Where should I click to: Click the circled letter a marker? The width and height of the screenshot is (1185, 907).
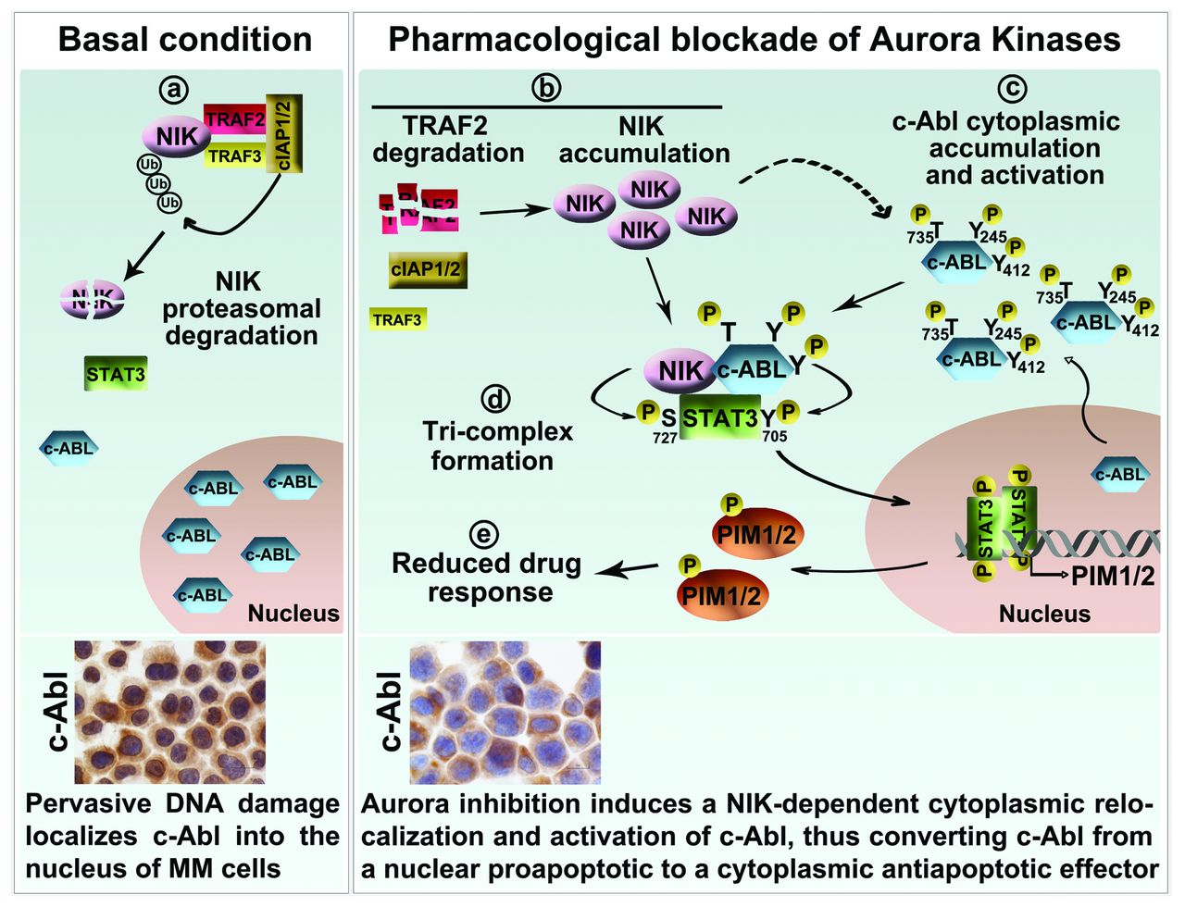174,89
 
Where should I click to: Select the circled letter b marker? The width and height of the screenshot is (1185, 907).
546,88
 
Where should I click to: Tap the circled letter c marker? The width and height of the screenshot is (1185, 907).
1012,89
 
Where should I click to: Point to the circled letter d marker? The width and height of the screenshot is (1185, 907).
496,399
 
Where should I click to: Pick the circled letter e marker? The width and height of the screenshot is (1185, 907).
483,534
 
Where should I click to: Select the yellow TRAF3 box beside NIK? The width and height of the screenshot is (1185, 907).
234,155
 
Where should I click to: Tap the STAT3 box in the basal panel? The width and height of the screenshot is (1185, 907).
116,375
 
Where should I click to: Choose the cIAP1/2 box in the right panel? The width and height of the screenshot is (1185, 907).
427,270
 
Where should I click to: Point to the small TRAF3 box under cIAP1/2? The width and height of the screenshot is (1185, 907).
397,320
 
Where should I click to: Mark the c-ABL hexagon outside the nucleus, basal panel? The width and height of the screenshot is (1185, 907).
69,449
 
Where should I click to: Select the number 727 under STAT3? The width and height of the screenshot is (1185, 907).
665,438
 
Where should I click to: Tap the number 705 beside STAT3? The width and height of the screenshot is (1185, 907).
774,437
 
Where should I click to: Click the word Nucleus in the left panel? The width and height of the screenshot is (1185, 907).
293,613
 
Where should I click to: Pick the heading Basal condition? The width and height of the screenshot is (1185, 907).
184,40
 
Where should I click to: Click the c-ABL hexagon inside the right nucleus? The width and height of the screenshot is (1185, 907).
1120,475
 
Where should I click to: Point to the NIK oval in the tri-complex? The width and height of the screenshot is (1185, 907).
680,370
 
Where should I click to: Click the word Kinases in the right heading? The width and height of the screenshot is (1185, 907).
1054,40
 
